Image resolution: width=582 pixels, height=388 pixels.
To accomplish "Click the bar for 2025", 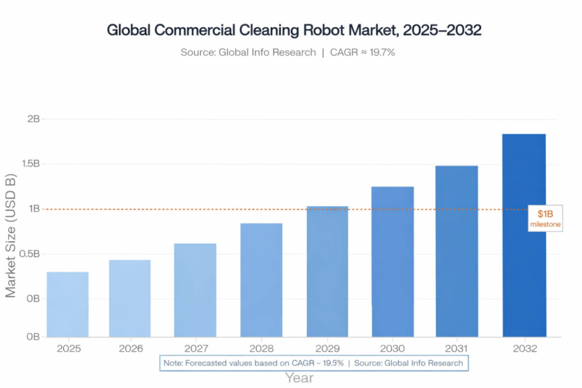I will (x=68, y=304).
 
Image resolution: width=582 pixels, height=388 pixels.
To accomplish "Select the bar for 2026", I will (x=129, y=298).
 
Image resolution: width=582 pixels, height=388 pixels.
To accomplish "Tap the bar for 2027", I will (x=195, y=290).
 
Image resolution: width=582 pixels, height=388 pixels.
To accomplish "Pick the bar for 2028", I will (x=261, y=279).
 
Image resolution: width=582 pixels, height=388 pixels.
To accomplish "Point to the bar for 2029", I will (x=327, y=271).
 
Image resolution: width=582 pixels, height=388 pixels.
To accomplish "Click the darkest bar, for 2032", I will (x=524, y=235).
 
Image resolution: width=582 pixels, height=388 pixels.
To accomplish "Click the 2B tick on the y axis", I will (x=33, y=119).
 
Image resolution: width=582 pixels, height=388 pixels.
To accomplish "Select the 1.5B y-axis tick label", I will (x=29, y=164).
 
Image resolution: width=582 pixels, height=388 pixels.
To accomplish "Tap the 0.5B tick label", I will (x=29, y=254).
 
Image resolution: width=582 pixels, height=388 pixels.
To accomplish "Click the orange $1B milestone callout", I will (x=545, y=218).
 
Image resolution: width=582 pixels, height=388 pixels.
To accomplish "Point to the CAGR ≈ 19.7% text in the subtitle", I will (x=363, y=52).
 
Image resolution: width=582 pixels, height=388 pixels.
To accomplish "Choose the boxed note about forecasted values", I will (x=312, y=363).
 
